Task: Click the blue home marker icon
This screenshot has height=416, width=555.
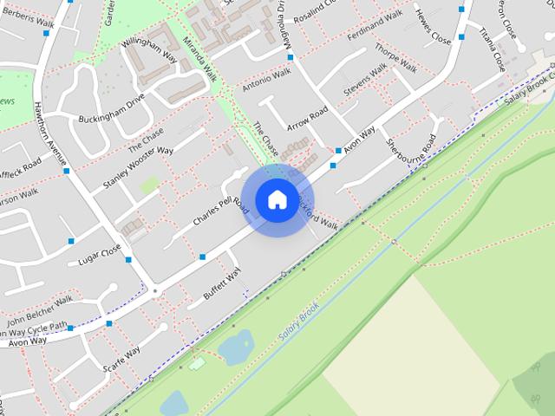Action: (x=276, y=199)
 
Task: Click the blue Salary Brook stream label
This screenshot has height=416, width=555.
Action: (x=299, y=321)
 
